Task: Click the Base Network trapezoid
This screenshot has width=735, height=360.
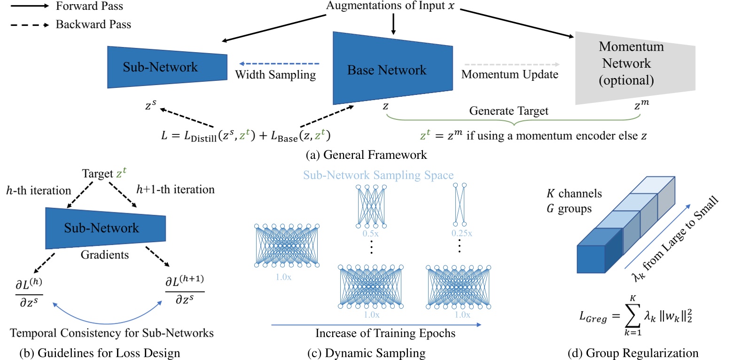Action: click(392, 70)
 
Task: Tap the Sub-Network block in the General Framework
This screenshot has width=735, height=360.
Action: click(167, 67)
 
